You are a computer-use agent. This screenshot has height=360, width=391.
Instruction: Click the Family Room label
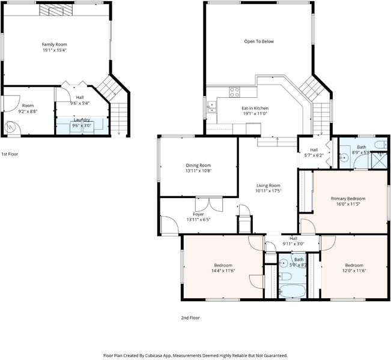[55, 44]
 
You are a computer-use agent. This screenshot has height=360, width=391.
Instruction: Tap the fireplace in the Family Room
[56, 10]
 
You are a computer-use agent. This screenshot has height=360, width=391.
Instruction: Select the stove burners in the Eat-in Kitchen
[234, 92]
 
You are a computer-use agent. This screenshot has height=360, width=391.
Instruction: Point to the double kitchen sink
[211, 107]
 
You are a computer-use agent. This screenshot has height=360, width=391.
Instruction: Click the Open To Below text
[259, 41]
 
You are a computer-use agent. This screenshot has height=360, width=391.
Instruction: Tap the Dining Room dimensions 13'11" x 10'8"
[198, 170]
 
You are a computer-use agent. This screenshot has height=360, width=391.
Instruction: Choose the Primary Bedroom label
[348, 199]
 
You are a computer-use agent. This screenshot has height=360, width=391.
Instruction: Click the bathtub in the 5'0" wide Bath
[292, 290]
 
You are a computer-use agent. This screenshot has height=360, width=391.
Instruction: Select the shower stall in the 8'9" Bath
[379, 160]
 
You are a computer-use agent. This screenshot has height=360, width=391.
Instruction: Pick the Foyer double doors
[209, 205]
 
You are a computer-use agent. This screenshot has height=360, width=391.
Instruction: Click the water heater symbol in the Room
[11, 128]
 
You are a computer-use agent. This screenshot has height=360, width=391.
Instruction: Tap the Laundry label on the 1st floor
[82, 120]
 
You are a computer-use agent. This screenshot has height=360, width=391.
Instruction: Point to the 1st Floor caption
[10, 154]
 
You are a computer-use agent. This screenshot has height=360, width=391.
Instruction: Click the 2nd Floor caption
[190, 317]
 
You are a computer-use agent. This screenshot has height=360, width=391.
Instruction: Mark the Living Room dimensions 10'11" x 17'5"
[268, 191]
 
